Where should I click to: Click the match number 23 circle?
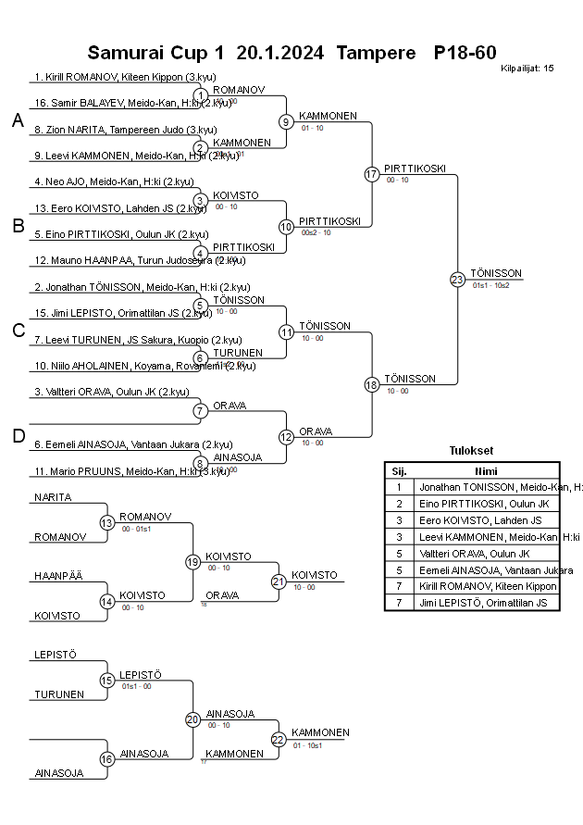click(x=457, y=280)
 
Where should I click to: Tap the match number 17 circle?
click(x=372, y=174)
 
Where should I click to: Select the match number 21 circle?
click(x=279, y=581)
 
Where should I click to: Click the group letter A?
click(x=18, y=120)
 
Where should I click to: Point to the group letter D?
click(x=18, y=436)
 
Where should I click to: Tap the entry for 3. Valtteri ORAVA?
click(x=112, y=392)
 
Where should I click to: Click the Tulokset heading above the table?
click(x=472, y=451)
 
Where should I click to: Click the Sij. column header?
click(x=399, y=470)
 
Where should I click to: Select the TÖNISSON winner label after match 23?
click(x=496, y=273)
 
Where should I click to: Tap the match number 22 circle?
click(x=279, y=739)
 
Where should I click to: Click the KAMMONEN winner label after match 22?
click(x=320, y=732)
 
